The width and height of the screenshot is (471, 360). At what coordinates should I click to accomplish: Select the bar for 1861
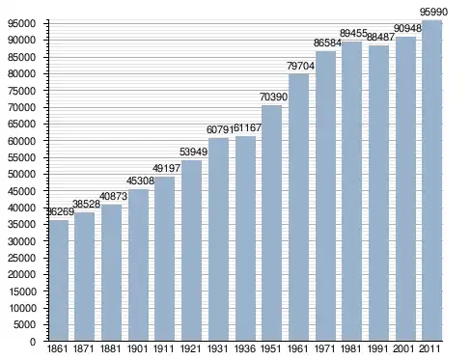[59, 280]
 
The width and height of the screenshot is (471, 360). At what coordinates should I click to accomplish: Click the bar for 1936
[245, 238]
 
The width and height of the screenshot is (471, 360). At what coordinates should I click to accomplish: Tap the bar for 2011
[431, 180]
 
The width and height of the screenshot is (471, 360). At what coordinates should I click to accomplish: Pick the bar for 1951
[272, 223]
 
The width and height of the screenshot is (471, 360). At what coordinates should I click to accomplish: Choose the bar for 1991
[378, 193]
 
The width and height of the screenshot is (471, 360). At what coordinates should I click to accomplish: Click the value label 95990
[433, 12]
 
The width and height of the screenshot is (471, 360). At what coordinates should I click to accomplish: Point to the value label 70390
[273, 97]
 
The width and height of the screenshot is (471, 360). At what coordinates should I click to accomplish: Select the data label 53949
[193, 152]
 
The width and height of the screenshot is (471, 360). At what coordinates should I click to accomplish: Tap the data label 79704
[300, 66]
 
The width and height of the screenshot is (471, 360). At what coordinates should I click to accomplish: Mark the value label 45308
[140, 180]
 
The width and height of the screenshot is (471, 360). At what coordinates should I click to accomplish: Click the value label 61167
[247, 127]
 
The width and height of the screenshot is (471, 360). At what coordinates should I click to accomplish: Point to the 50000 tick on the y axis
[21, 175]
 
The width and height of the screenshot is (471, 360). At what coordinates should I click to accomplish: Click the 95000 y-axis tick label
[21, 24]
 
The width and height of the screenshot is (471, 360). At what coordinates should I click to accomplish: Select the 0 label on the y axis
[33, 342]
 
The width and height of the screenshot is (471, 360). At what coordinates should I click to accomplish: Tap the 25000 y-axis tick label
[21, 258]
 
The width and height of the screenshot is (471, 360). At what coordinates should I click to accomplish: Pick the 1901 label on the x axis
[138, 348]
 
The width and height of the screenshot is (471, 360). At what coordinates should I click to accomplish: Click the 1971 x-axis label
[325, 348]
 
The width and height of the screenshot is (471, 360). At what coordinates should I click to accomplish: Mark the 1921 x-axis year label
[190, 348]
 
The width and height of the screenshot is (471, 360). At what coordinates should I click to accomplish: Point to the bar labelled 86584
[325, 196]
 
